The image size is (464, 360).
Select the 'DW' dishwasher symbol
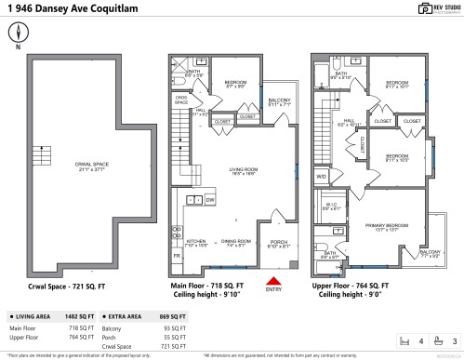[x=210, y=200]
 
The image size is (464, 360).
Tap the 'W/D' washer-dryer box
[x=322, y=175]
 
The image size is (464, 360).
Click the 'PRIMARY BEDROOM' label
[x=378, y=226]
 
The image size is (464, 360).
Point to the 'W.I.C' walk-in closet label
[x=331, y=207]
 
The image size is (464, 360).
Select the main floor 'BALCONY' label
[x=279, y=102]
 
